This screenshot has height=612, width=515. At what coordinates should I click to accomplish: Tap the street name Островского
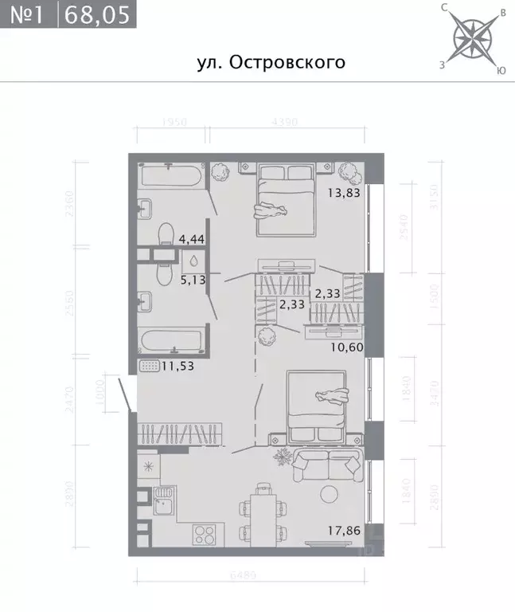pos(271,62)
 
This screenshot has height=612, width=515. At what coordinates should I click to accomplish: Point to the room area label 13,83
pos(344,191)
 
